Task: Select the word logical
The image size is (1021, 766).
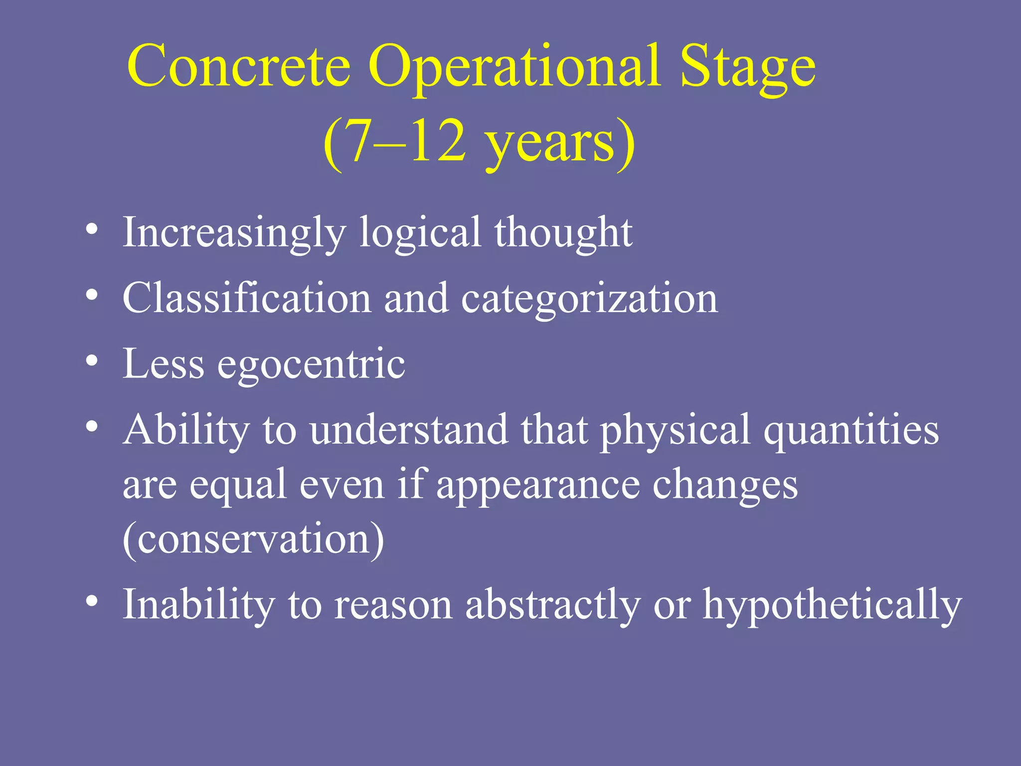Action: (420, 233)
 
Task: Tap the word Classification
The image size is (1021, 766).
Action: (247, 298)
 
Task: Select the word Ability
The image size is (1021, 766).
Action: (186, 430)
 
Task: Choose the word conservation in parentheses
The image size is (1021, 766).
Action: (253, 540)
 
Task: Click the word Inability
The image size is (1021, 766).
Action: (198, 604)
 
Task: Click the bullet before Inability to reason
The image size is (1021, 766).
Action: (91, 601)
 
